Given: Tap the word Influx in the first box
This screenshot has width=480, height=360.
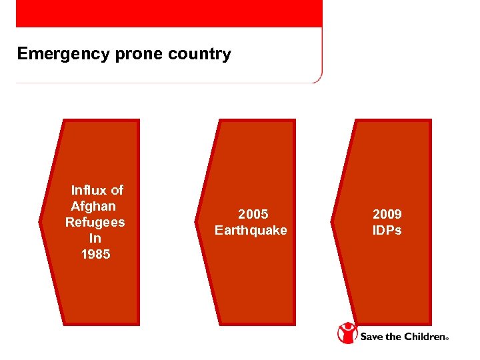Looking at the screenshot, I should click(89, 191).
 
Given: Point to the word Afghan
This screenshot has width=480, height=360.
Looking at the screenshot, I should click(93, 206).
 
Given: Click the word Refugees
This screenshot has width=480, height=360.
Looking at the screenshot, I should click(95, 222).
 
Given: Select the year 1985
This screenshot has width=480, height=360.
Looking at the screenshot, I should click(95, 254).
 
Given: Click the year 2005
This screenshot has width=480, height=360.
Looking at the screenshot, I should click(253, 215).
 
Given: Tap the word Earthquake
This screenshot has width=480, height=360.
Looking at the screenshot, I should click(251, 231).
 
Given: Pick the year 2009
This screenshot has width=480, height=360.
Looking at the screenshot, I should click(387, 215).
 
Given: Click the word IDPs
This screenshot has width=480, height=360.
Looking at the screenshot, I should click(387, 231).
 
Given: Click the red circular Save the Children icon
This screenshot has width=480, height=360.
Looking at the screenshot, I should click(347, 333).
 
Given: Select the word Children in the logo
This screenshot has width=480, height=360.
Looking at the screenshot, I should click(422, 337).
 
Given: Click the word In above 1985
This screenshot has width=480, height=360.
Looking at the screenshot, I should click(95, 238).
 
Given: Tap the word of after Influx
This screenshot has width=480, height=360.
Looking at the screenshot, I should click(117, 191).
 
